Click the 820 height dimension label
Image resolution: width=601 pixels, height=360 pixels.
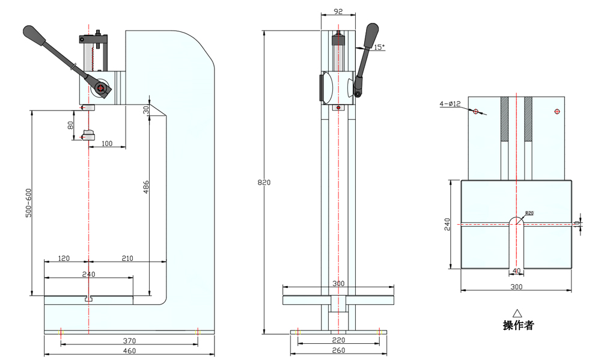point(260,182)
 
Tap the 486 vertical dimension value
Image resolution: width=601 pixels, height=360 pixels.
point(146,188)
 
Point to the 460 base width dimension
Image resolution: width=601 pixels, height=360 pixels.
point(129,351)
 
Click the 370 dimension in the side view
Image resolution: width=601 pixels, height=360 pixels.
point(129,340)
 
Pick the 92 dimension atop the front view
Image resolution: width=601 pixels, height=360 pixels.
point(338,11)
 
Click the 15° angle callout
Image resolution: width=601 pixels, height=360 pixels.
point(378,47)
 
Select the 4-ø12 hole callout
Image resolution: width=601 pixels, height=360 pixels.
point(450,104)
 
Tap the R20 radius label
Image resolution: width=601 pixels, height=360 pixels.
point(529,213)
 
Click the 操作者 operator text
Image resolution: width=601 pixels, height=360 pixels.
point(517,326)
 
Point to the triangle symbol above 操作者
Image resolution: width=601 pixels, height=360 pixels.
point(517,313)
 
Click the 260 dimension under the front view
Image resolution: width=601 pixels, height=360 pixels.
point(338,351)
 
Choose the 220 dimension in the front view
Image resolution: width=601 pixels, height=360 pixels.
point(338,340)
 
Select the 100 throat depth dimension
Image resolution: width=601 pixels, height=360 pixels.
point(107,143)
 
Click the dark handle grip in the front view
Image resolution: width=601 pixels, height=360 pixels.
point(371,34)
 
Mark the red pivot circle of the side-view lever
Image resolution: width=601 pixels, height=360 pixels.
point(100,90)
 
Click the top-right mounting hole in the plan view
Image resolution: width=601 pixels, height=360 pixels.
point(557,111)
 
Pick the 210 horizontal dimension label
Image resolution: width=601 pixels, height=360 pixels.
point(127,258)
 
